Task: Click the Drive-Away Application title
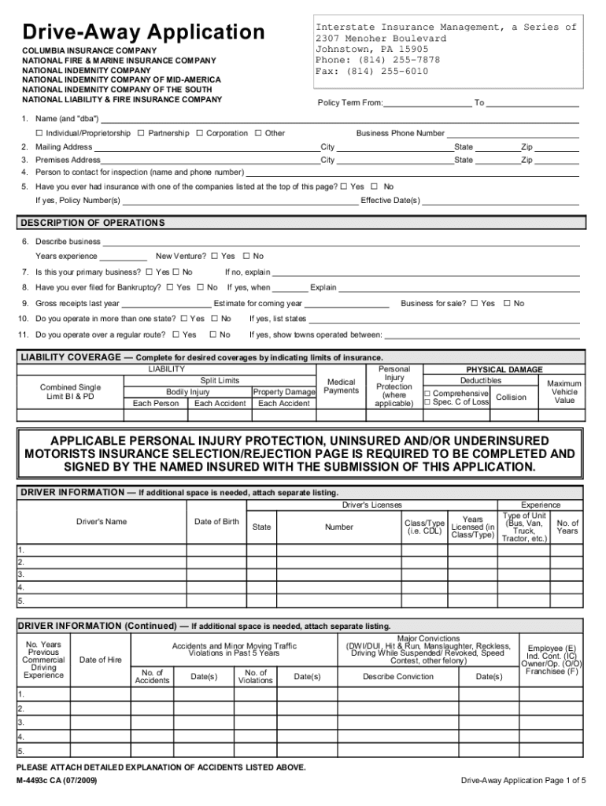click(143, 32)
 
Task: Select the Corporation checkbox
click(200, 133)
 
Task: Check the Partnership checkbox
click(141, 133)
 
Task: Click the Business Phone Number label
click(400, 134)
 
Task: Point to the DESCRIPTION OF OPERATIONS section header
click(93, 223)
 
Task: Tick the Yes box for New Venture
click(215, 256)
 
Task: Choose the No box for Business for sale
click(508, 303)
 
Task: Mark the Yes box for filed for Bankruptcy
click(170, 287)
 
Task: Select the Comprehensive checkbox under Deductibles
click(427, 393)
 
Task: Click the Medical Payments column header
click(341, 386)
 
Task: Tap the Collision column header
click(511, 397)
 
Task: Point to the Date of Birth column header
click(216, 522)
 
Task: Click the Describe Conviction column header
click(398, 677)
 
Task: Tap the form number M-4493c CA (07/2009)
click(60, 781)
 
